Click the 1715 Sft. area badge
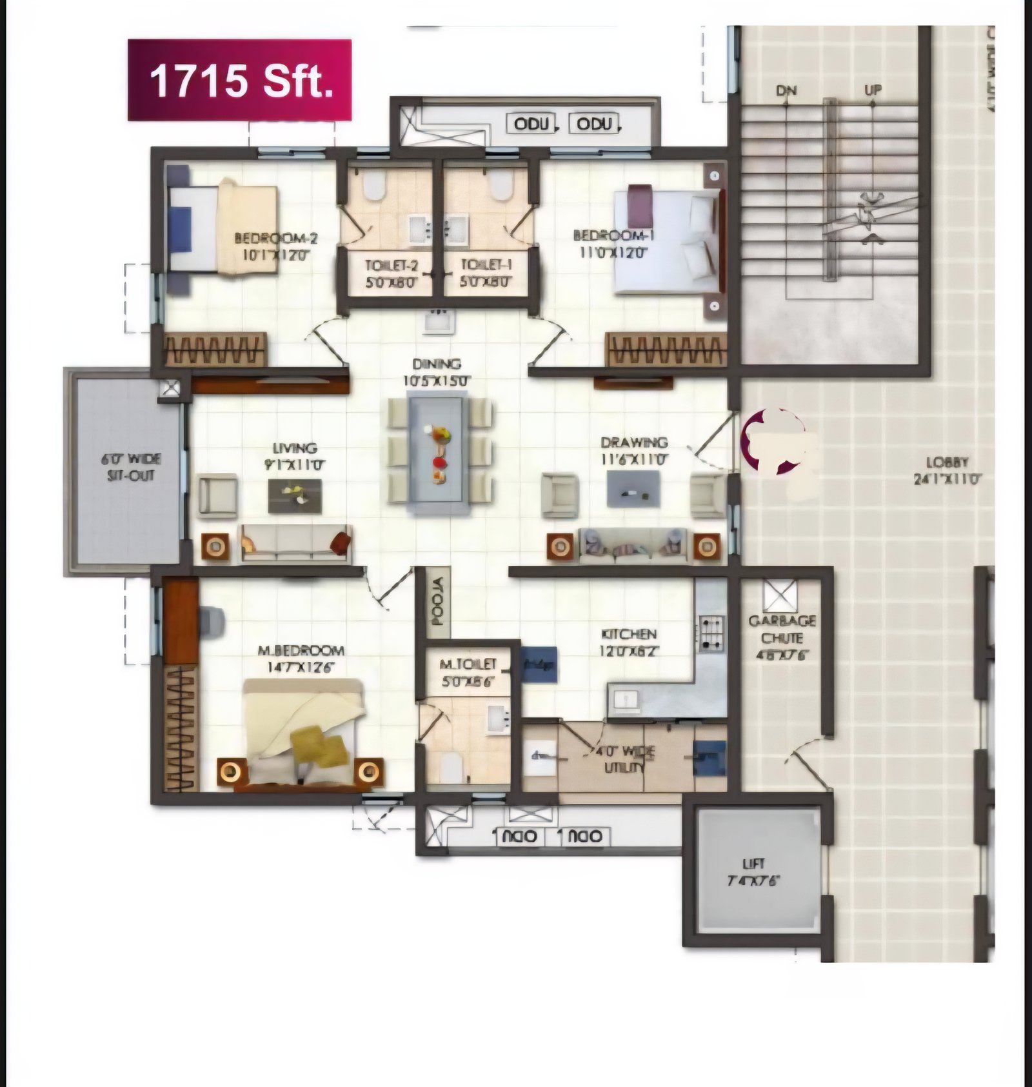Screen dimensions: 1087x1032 click(x=240, y=80)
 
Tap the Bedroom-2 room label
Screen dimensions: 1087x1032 click(x=276, y=246)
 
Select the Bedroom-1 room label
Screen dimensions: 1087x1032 click(x=613, y=243)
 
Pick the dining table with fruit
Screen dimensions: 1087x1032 click(x=439, y=455)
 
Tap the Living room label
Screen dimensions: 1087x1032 click(x=294, y=455)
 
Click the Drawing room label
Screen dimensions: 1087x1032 click(x=634, y=450)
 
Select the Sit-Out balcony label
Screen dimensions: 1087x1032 click(x=130, y=467)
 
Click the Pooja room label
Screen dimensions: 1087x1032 click(x=439, y=602)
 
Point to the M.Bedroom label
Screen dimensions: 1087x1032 click(x=301, y=658)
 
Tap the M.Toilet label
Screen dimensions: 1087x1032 click(x=468, y=672)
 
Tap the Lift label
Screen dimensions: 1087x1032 click(x=753, y=872)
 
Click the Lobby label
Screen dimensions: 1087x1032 click(x=947, y=470)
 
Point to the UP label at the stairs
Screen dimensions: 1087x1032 click(x=873, y=90)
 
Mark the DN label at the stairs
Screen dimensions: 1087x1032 click(x=786, y=90)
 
